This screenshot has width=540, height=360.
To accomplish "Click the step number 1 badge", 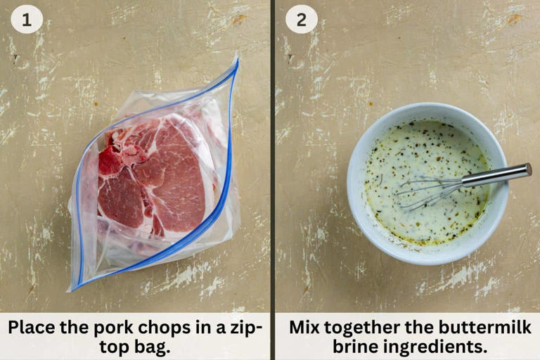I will pos(27,20).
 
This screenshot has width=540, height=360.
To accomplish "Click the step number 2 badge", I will pos(301,20).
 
